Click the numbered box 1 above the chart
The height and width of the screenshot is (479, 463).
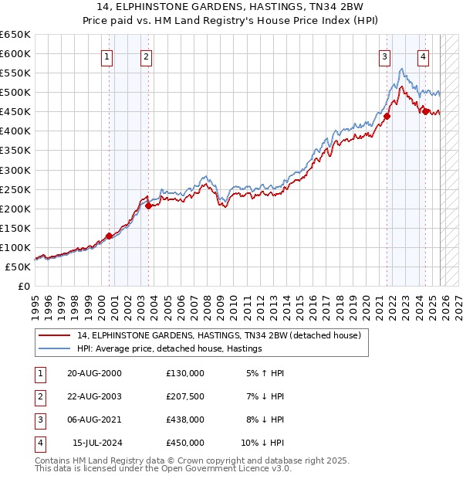click(106, 56)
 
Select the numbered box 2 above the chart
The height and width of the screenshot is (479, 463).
click(146, 56)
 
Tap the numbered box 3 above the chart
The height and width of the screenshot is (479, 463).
click(384, 56)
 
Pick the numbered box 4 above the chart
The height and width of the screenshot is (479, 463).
click(424, 56)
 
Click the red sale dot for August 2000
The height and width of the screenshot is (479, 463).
click(109, 236)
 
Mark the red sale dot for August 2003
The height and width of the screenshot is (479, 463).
click(148, 206)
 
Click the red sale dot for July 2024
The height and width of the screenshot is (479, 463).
click(426, 111)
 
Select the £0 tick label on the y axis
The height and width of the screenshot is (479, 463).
click(23, 286)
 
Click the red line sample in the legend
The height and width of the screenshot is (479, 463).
click(54, 335)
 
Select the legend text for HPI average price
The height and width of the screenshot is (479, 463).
click(170, 348)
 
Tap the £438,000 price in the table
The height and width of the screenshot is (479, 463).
click(185, 420)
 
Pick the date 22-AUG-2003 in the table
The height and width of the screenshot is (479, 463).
click(94, 396)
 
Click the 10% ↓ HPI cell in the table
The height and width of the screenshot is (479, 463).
click(262, 443)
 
